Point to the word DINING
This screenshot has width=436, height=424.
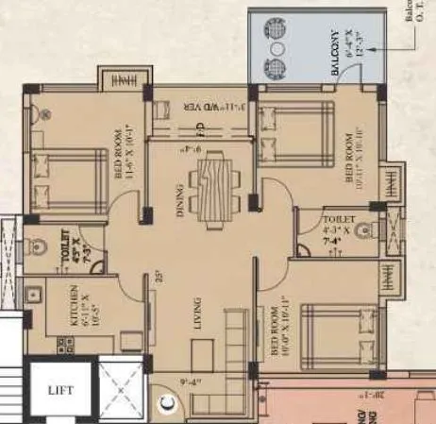(180, 199)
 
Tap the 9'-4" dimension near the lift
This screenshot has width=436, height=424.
(190, 383)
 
